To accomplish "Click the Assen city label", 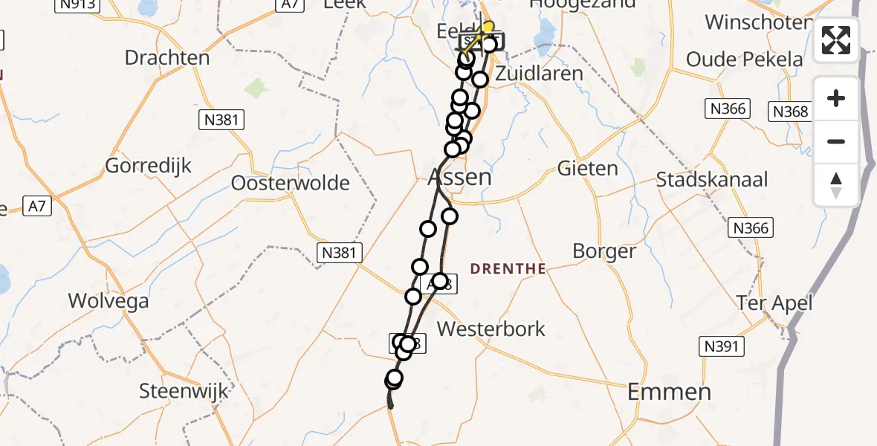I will pos(460,178).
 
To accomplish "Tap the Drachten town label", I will pos(167,57).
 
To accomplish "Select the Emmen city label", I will pos(669,392).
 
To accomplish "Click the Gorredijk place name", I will pos(148,165).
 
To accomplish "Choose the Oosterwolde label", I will pos(291,182).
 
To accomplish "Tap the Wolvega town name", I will pos(108,300).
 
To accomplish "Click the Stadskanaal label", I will pos(712,179).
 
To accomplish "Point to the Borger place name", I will pos(604,251).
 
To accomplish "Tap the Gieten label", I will pos(588,169).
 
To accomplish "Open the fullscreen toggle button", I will pos(836,40).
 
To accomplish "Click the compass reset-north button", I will pos(836,185).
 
